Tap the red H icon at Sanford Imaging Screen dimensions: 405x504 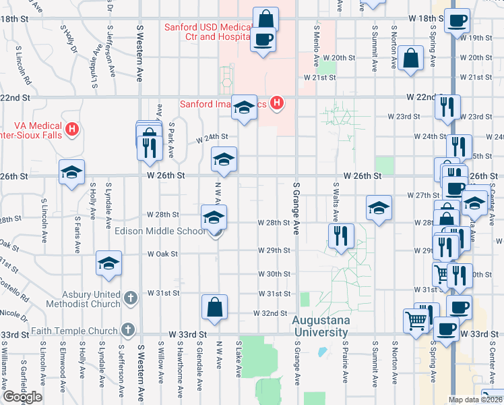click(x=276, y=103)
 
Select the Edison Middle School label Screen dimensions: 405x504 click(x=160, y=232)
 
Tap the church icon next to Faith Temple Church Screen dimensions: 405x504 click(x=129, y=330)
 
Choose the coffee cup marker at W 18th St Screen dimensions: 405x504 click(x=458, y=21)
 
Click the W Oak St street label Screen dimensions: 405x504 click(x=162, y=254)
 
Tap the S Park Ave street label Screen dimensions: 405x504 click(x=172, y=140)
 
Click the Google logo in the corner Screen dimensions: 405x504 click(x=22, y=397)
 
